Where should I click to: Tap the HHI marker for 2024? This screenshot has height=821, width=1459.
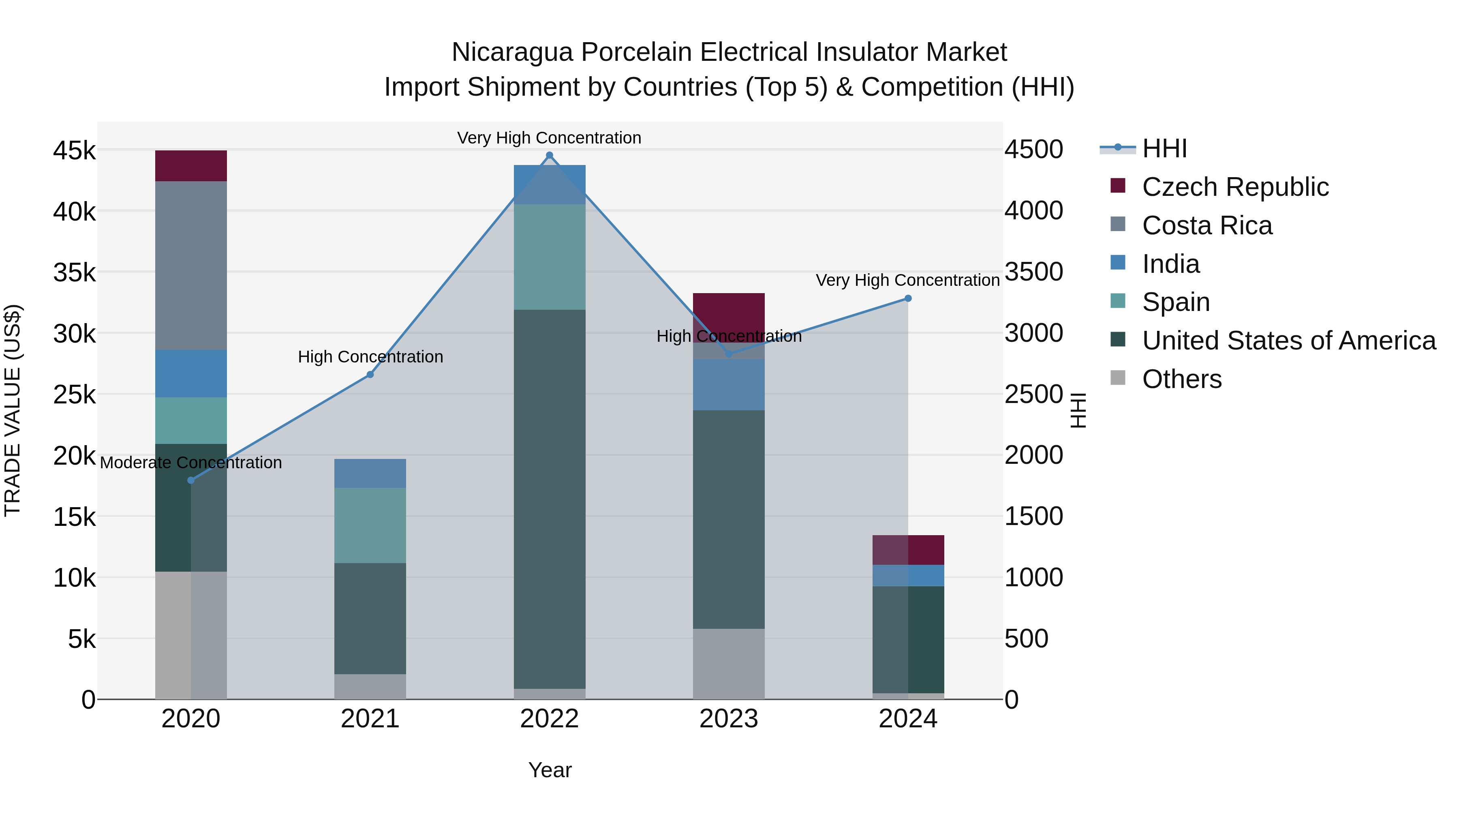tap(908, 298)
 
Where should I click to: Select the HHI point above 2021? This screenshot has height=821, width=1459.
tap(370, 375)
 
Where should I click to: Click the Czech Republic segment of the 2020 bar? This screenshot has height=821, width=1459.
tap(191, 166)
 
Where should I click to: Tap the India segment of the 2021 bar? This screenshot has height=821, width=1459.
tap(370, 473)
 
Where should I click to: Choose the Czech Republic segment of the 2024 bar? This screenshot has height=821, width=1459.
tap(908, 550)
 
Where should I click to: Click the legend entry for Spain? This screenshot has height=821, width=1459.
tap(1175, 302)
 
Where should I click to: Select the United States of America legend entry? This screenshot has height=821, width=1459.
tap(1288, 341)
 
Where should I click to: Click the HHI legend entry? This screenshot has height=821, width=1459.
tap(1164, 148)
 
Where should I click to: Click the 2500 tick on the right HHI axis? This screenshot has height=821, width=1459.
tap(1033, 394)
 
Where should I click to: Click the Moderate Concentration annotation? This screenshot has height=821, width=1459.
tap(191, 463)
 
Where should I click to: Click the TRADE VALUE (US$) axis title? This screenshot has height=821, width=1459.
tap(13, 410)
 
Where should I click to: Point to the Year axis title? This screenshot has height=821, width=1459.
tap(550, 770)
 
